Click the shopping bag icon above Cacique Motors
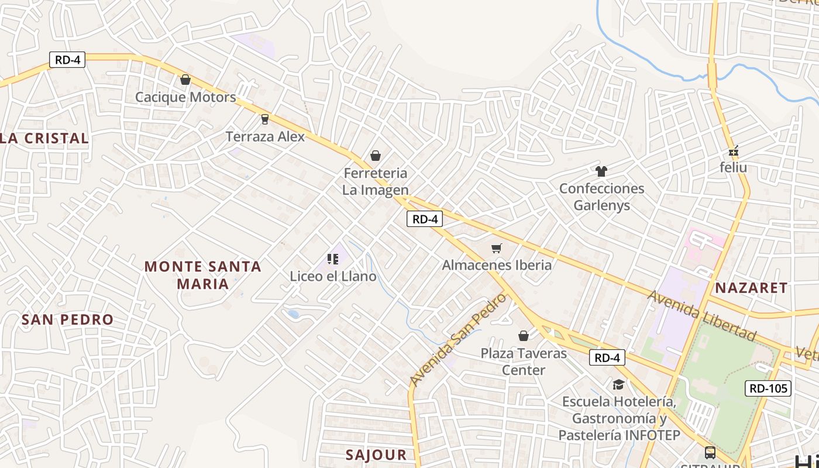pyautogui.click(x=185, y=80)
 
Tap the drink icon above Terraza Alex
pyautogui.click(x=265, y=119)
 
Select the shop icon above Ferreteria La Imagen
pyautogui.click(x=376, y=156)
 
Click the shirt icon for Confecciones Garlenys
pyautogui.click(x=601, y=171)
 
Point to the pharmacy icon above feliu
pyautogui.click(x=734, y=152)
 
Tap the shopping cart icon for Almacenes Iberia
pyautogui.click(x=497, y=248)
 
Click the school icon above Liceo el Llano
pyautogui.click(x=333, y=259)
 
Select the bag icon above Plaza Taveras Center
pyautogui.click(x=524, y=336)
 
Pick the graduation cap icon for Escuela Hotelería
pyautogui.click(x=618, y=384)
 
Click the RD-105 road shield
pyautogui.click(x=768, y=388)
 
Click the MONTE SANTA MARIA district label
pyautogui.click(x=202, y=275)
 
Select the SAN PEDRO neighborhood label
pyautogui.click(x=67, y=319)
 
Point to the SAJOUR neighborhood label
pyautogui.click(x=376, y=455)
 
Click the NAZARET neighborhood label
pyautogui.click(x=752, y=287)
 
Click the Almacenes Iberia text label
pyautogui.click(x=497, y=265)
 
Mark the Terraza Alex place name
pyautogui.click(x=266, y=137)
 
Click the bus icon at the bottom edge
pyautogui.click(x=710, y=452)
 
